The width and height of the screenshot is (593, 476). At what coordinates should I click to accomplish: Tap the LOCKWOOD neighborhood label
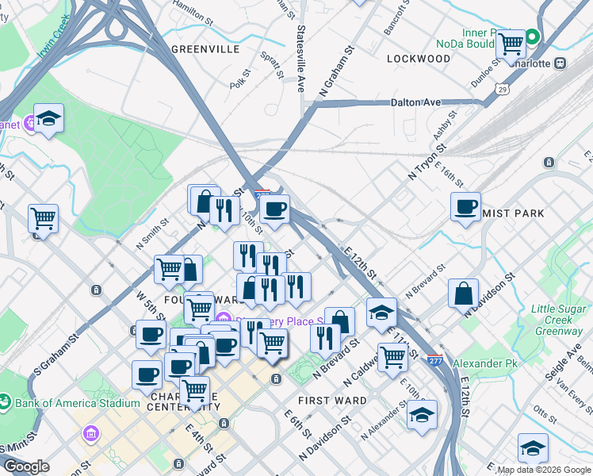point(419,59)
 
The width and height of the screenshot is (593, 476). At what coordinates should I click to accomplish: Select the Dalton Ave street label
point(415,102)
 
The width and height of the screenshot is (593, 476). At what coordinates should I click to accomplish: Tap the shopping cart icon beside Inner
point(511,44)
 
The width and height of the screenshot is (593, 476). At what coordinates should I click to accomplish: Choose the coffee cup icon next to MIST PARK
point(465,206)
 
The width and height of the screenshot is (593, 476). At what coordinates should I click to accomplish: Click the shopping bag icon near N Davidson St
point(463,293)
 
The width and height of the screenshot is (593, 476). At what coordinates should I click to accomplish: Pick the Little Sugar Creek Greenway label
point(557,320)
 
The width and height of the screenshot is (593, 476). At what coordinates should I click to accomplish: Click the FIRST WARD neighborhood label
point(332,401)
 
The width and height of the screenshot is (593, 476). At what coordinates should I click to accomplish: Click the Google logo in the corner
point(25,466)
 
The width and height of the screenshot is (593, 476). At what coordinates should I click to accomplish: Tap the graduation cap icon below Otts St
point(533,448)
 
